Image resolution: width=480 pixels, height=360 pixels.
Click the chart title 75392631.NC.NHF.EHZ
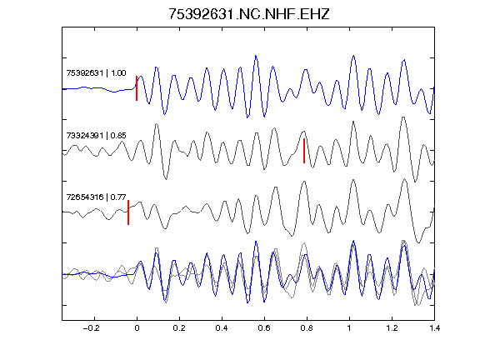click(249, 14)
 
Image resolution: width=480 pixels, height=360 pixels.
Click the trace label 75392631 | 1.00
click(96, 73)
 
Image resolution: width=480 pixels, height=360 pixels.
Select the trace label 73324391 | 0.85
click(96, 135)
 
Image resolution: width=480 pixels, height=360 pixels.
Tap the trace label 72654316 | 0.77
click(96, 197)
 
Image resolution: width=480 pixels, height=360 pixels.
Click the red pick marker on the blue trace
click(137, 88)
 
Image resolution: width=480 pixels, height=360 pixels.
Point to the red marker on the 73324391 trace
click(304, 151)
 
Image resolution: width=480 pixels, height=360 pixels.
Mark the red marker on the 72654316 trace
click(128, 212)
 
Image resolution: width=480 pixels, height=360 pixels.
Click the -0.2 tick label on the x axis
click(92, 328)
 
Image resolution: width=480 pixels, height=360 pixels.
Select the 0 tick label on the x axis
click(137, 328)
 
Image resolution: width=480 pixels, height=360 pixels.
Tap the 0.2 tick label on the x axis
click(179, 328)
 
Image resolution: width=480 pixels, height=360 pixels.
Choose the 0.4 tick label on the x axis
click(222, 328)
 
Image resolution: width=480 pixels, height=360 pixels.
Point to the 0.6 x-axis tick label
click(264, 328)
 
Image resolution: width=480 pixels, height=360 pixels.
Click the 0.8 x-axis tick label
click(307, 328)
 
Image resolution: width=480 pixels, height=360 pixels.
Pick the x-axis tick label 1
click(349, 328)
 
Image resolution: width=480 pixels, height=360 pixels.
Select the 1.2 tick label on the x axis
click(392, 328)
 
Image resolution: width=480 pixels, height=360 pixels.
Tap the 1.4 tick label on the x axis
click(434, 328)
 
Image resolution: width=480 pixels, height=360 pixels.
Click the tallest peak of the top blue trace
click(256, 56)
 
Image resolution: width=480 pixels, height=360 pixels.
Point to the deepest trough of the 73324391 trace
click(415, 182)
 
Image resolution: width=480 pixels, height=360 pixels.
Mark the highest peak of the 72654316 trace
click(405, 179)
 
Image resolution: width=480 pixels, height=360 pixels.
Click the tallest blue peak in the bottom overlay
click(354, 241)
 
